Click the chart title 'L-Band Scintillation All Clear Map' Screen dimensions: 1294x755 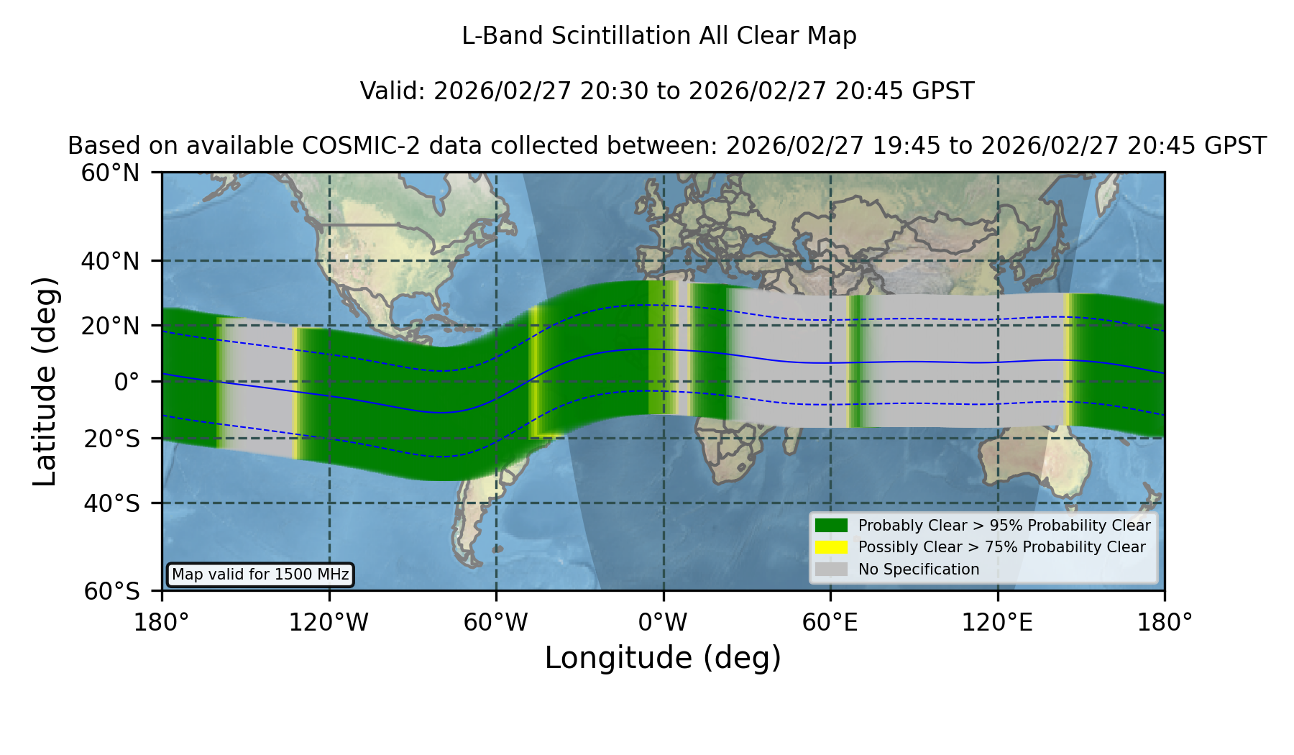click(659, 36)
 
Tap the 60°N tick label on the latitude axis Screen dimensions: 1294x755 click(111, 173)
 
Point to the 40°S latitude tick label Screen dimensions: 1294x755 click(112, 503)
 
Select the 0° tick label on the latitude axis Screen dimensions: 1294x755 click(127, 382)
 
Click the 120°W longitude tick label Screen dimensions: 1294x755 click(329, 623)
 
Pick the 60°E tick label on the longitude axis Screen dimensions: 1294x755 click(830, 623)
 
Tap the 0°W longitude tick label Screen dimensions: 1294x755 click(664, 623)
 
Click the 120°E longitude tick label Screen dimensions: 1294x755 click(997, 623)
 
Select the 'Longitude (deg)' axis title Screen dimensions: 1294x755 click(663, 658)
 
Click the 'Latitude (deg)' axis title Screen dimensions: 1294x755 click(45, 381)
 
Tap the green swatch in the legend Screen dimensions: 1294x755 click(832, 526)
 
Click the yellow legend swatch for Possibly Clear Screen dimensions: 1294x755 click(832, 547)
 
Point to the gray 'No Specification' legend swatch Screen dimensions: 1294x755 click(832, 569)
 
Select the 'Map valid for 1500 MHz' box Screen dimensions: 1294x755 click(260, 575)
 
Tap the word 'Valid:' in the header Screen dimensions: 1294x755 click(393, 91)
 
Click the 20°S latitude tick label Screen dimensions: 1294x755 click(112, 439)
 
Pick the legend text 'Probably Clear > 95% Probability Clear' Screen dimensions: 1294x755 click(1004, 526)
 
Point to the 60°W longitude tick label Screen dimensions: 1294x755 click(496, 623)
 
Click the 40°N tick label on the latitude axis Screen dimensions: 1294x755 click(111, 261)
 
